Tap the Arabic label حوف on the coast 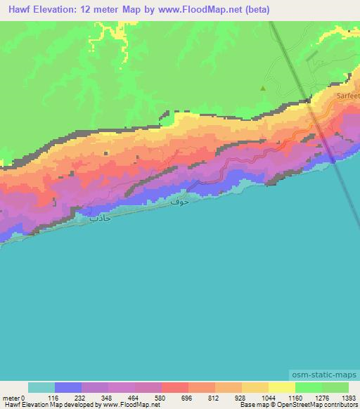click(179, 201)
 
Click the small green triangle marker click(263, 89)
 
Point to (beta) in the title click(255, 10)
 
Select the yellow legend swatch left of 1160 click(282, 387)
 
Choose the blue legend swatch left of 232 click(68, 387)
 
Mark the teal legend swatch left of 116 click(41, 387)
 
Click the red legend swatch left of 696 click(175, 387)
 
